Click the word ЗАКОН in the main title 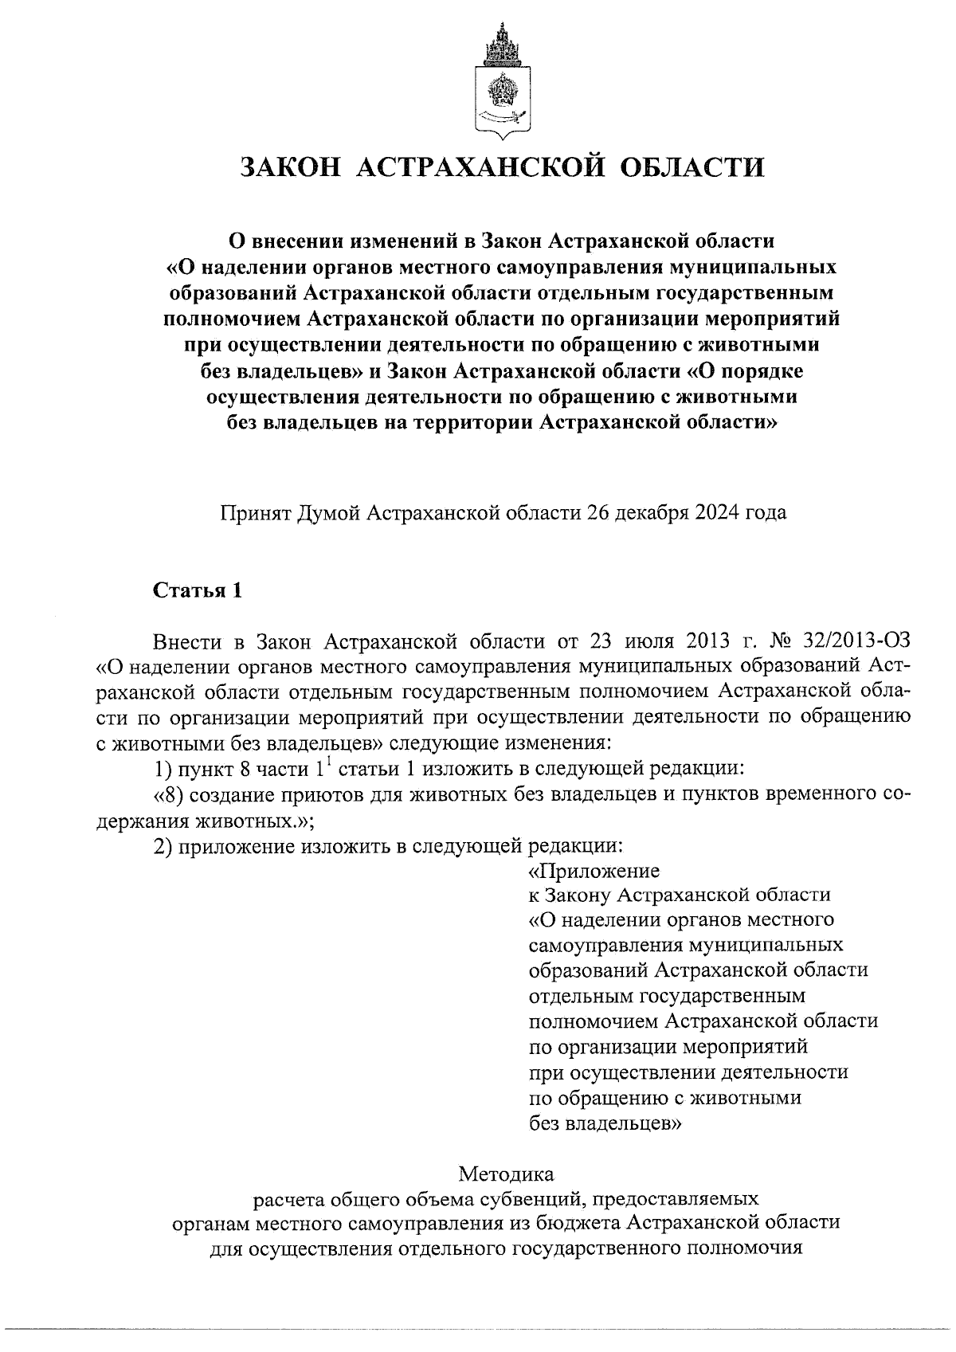(290, 167)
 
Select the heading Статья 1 (196, 591)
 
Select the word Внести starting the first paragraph (186, 641)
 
